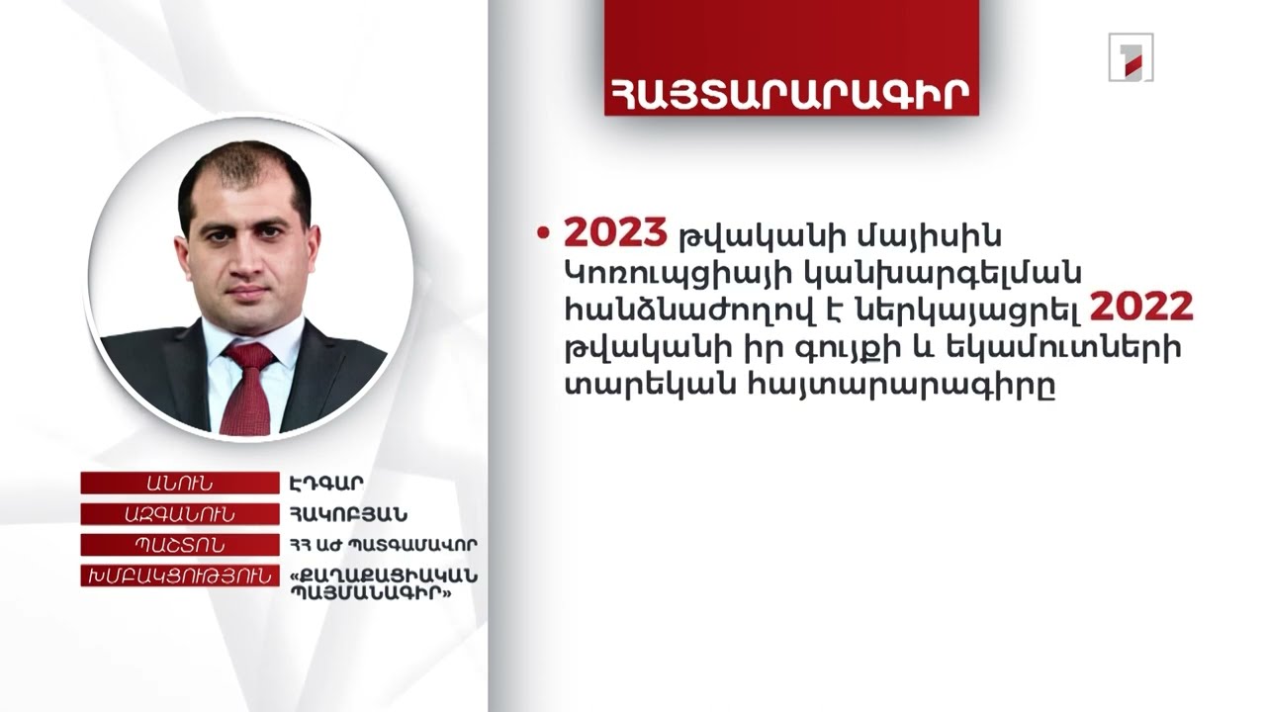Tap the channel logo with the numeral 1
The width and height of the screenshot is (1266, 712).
pos(1130,57)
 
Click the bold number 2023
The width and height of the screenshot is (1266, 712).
pos(615,233)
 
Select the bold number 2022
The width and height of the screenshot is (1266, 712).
pos(1141,309)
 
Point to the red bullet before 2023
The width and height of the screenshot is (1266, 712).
pos(541,233)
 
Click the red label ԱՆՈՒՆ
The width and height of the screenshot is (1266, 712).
pos(179,484)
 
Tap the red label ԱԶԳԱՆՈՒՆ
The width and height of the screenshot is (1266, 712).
pos(179,514)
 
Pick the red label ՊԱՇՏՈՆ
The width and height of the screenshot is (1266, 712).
pos(179,545)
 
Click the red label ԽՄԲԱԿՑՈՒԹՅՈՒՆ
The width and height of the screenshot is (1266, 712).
pos(179,576)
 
